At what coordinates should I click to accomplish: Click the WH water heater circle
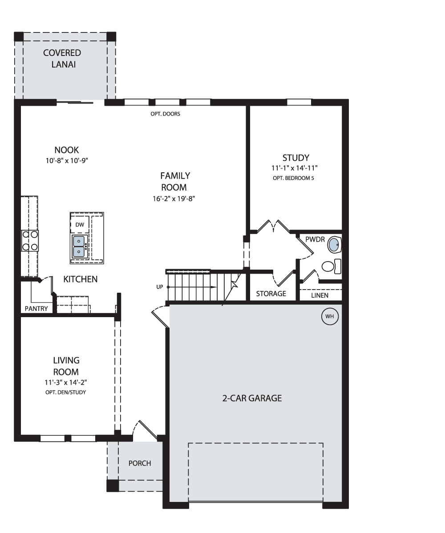(330, 316)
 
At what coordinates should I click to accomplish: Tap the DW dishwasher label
(80, 225)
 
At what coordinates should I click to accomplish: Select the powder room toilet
(331, 266)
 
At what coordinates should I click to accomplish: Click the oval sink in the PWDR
(334, 245)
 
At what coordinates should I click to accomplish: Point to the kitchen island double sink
(79, 247)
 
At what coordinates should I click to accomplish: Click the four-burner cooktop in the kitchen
(30, 240)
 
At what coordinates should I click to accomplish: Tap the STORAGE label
(271, 294)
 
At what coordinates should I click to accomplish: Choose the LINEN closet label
(320, 295)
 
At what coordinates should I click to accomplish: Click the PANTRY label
(36, 309)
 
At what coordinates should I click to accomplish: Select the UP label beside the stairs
(160, 287)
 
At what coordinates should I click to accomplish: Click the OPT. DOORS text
(165, 114)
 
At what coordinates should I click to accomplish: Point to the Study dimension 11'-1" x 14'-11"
(294, 168)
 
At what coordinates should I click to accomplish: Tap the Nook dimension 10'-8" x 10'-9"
(67, 160)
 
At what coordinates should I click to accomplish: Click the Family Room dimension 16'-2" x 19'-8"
(174, 199)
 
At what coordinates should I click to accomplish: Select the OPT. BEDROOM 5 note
(293, 178)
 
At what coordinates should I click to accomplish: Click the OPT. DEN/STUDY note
(66, 392)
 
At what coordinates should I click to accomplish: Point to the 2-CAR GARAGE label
(252, 398)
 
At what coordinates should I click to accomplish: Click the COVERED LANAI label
(62, 59)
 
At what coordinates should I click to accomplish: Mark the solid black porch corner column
(113, 486)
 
